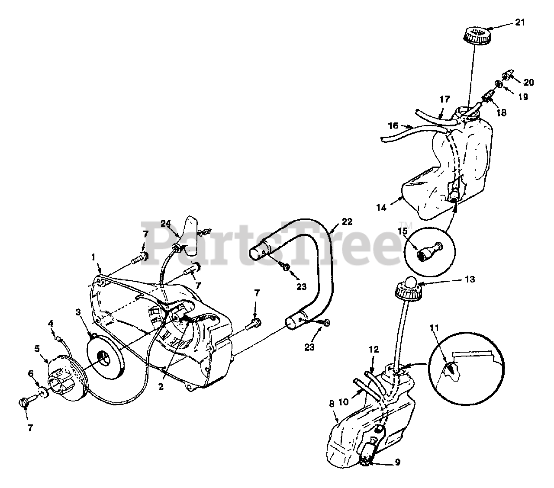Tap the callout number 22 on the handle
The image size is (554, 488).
pos(347,222)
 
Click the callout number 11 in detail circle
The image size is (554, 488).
pos(435,328)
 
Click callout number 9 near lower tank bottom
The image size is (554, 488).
pos(397,462)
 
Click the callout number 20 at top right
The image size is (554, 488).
pos(529,82)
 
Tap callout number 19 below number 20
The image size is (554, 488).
pos(523,97)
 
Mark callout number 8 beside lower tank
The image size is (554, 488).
pos(332,405)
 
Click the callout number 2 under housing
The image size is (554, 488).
pos(161,387)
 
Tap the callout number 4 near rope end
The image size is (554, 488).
pos(51,323)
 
